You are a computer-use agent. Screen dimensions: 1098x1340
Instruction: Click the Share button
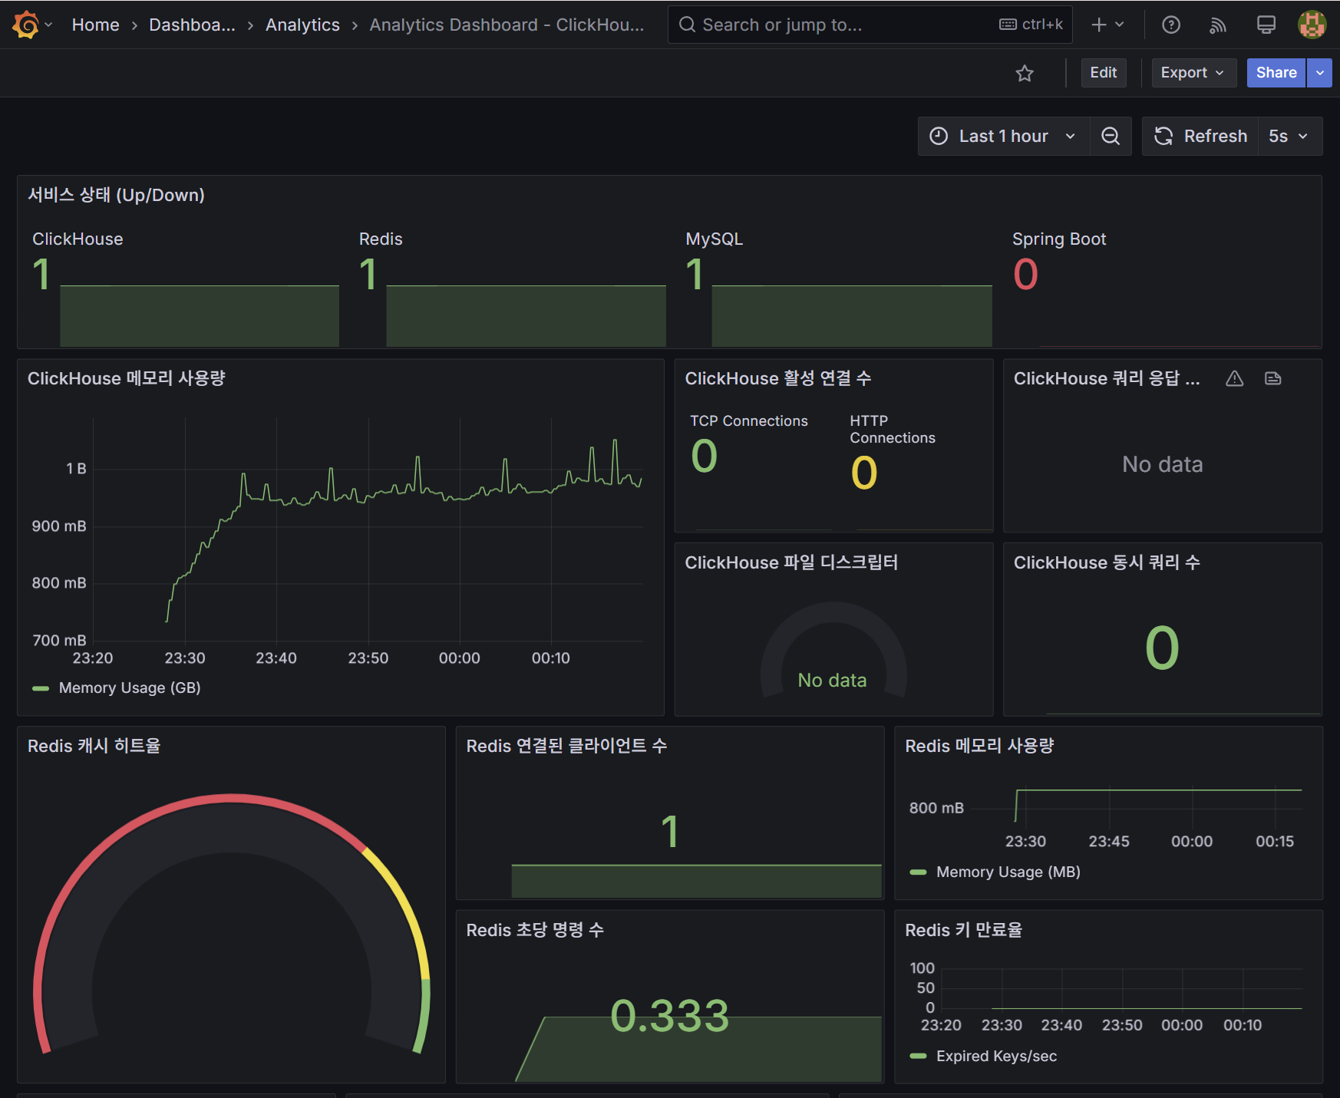(1276, 73)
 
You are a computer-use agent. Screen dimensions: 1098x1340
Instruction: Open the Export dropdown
(1193, 73)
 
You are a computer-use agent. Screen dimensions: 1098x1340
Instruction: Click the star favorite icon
(1025, 74)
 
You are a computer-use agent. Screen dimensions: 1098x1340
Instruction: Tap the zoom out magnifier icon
(1111, 137)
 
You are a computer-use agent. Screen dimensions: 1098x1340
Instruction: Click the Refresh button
(1201, 137)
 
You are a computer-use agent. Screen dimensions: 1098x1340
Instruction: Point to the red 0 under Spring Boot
(1025, 275)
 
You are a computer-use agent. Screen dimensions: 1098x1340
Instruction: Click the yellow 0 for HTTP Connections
(864, 473)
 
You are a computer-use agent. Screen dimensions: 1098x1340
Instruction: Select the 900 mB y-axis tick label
(59, 526)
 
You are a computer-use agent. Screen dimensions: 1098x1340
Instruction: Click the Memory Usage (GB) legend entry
(129, 688)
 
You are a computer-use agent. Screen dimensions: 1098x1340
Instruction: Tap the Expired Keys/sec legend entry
(996, 1057)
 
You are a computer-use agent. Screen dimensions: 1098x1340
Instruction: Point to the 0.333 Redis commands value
(669, 1016)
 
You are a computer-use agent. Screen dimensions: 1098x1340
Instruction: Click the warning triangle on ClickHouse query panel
(1234, 379)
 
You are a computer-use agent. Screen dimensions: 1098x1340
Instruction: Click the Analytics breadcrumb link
(302, 25)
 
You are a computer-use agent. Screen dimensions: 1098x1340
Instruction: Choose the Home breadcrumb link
(95, 25)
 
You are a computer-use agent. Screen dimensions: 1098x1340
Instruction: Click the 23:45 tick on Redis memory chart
(1108, 842)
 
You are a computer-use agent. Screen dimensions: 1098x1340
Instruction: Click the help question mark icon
(1170, 25)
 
